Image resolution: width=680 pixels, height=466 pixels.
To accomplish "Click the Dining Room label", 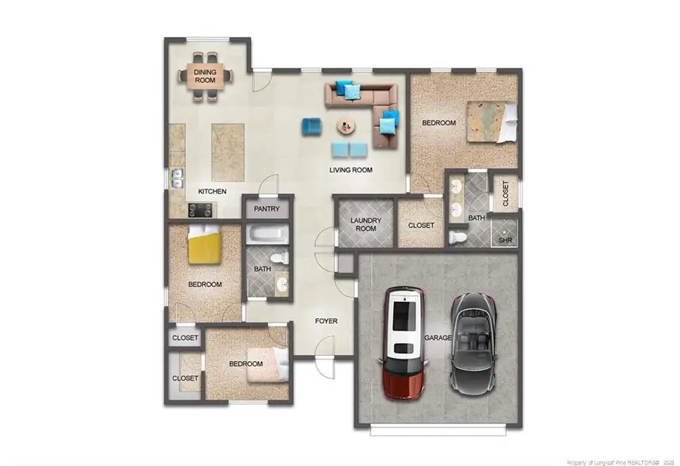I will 206,76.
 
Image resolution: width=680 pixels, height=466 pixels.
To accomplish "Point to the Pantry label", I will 267,208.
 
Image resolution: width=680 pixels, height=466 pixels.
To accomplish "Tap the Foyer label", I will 326,321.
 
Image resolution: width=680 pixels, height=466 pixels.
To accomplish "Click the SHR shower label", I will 505,241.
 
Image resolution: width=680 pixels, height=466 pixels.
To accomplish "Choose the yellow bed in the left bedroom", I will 204,245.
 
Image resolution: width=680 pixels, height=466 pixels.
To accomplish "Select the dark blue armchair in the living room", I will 311,126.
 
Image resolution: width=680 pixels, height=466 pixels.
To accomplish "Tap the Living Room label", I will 351,170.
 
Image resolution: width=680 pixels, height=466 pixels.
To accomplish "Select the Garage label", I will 437,338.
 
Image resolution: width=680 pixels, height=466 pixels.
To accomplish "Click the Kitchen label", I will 212,192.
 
